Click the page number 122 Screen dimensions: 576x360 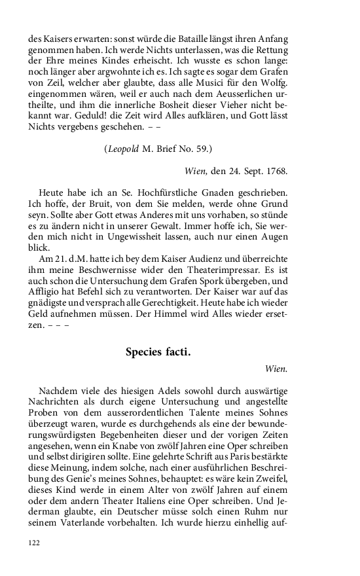click(x=34, y=543)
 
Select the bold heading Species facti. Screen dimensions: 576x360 click(x=158, y=352)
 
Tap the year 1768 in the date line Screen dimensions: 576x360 click(x=276, y=171)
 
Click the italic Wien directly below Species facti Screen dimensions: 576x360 click(x=276, y=369)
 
